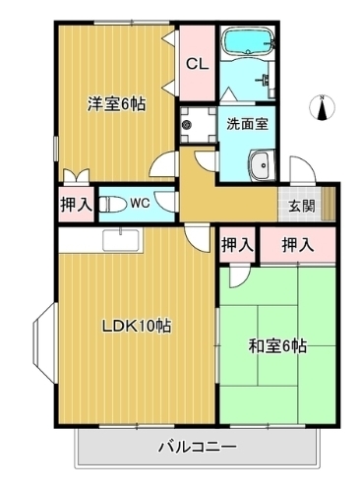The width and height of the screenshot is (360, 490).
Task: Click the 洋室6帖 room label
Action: point(115,102)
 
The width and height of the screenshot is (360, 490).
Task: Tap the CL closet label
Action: point(197,65)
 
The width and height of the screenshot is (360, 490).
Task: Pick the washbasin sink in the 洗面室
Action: point(262,166)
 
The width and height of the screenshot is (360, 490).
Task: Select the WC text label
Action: point(139,205)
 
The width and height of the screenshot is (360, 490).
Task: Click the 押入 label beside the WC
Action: point(76,205)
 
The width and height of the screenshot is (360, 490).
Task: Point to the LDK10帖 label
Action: point(139,326)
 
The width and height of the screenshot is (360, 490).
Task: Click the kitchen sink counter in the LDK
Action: point(122,239)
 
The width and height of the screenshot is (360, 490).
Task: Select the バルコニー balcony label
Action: point(197,448)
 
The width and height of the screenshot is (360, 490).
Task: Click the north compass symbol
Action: point(324,106)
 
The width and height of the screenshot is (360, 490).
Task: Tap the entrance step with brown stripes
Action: point(328,204)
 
